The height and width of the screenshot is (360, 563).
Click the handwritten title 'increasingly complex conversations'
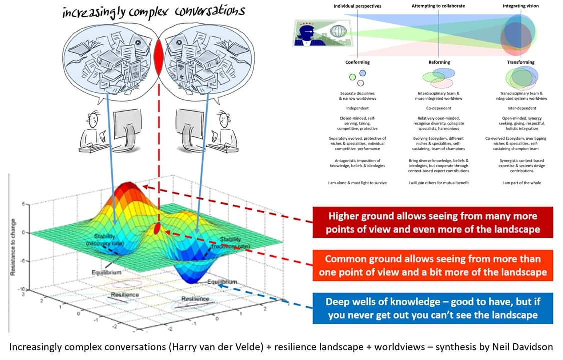(x=153, y=11)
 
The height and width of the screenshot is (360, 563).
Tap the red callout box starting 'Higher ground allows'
(x=432, y=223)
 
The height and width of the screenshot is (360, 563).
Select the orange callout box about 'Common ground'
(x=432, y=266)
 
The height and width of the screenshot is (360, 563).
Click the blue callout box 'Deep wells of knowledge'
(x=432, y=308)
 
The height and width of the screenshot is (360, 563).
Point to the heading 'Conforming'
(x=357, y=62)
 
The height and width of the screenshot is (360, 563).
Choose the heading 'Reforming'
(x=439, y=62)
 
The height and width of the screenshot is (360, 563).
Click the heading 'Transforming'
(x=521, y=62)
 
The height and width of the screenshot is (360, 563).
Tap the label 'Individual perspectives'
(x=358, y=6)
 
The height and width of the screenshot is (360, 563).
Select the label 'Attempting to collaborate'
(x=439, y=6)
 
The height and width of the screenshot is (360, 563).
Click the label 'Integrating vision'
(x=521, y=6)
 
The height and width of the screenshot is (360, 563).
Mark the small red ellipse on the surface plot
(x=157, y=229)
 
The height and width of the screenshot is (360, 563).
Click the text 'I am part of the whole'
(x=521, y=183)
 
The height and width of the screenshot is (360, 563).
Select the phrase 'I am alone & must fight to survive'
(x=357, y=183)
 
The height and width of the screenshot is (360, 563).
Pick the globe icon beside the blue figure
(x=338, y=31)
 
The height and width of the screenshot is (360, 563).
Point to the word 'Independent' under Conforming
(x=357, y=108)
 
